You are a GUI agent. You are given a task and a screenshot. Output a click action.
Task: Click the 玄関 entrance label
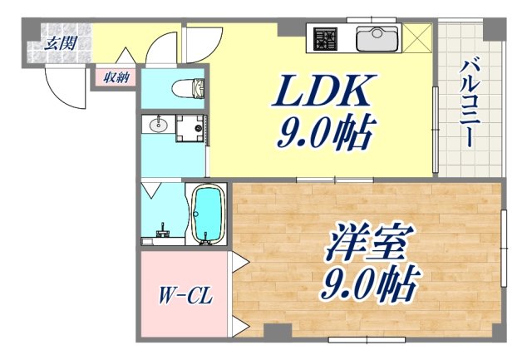pyautogui.click(x=57, y=42)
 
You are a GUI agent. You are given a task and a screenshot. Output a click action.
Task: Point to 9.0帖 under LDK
pyautogui.click(x=323, y=134)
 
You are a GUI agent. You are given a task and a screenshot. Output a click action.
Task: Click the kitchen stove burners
pyautogui.click(x=323, y=37)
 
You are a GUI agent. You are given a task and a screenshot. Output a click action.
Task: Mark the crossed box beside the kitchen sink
pyautogui.click(x=418, y=37)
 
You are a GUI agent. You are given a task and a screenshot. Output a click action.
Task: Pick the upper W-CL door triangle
pyautogui.click(x=238, y=264)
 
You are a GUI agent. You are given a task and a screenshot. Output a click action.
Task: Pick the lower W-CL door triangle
pyautogui.click(x=238, y=323)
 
